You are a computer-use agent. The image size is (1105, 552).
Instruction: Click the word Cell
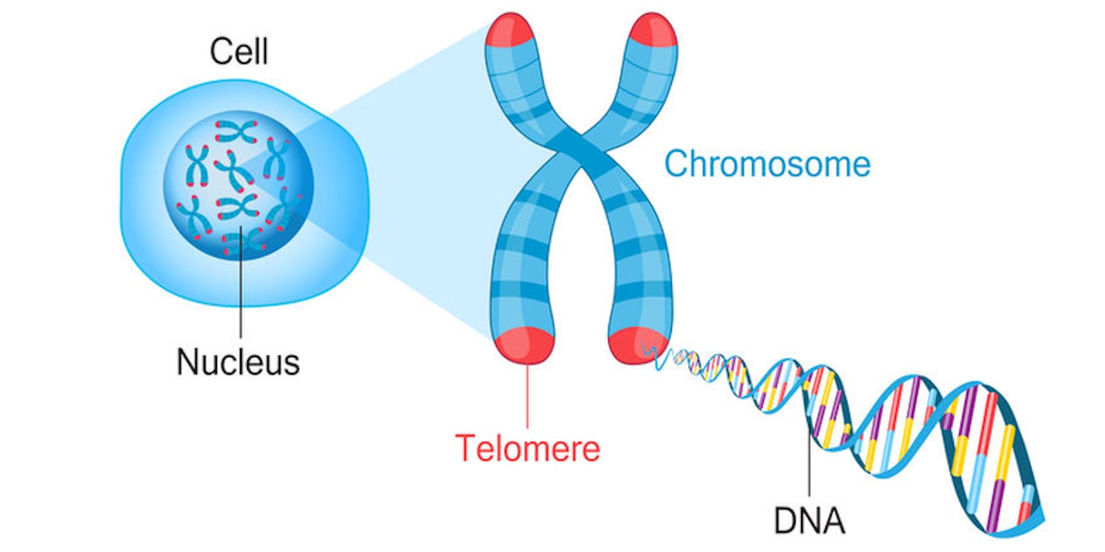238,52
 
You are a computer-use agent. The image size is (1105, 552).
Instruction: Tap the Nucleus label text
238,362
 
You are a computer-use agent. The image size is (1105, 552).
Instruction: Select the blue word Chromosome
767,164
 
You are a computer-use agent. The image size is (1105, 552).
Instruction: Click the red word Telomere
528,448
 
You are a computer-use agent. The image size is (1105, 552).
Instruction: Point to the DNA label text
809,521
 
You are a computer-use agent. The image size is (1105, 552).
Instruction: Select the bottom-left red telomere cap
524,345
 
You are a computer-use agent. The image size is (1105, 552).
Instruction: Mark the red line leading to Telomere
528,397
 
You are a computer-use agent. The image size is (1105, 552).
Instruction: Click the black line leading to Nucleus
240,290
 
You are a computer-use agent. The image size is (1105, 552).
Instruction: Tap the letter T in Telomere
465,448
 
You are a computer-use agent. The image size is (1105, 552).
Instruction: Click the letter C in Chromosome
676,164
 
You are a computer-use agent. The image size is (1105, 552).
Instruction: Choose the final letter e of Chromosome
861,166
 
